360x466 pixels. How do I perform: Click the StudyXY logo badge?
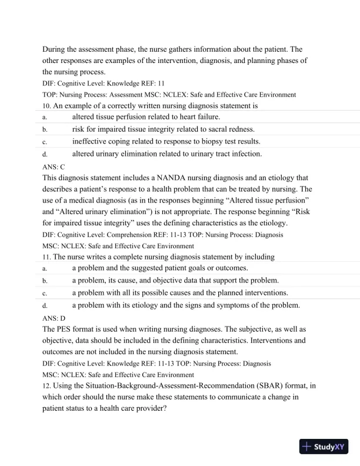click(x=324, y=447)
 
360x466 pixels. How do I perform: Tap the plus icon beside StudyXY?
click(x=307, y=447)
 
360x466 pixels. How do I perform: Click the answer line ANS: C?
click(x=54, y=167)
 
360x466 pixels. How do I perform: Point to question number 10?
click(x=46, y=106)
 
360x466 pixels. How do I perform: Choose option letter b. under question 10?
click(x=45, y=130)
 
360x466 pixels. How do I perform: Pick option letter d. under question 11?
click(x=45, y=305)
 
